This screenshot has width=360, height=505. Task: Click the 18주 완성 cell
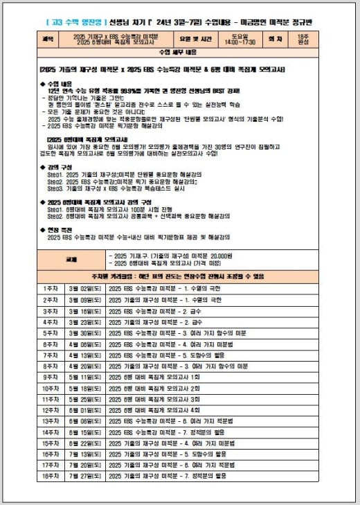(x=303, y=41)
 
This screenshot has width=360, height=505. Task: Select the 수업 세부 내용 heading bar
(x=179, y=53)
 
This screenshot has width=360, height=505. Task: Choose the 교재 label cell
(x=72, y=260)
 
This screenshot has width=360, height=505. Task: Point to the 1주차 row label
(x=51, y=287)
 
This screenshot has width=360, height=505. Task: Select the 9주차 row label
(x=51, y=376)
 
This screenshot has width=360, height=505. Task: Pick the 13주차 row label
(x=51, y=420)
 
